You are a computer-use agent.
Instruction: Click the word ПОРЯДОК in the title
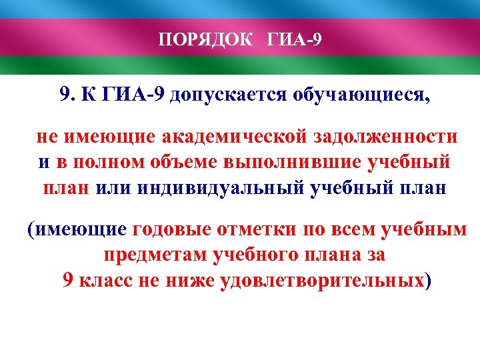(x=205, y=40)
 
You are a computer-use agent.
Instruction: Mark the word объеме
(x=180, y=162)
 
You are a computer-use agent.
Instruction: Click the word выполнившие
(x=285, y=162)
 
